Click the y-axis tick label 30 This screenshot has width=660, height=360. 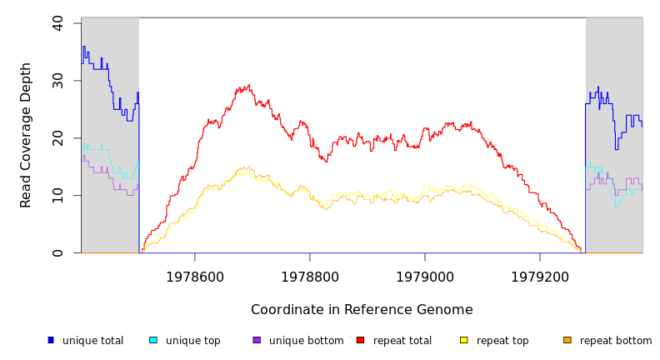[x=57, y=81]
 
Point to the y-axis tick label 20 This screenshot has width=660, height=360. [x=57, y=138]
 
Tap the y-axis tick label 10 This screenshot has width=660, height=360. [x=57, y=196]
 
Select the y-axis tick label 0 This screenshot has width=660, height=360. [x=57, y=252]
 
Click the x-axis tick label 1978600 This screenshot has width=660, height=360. [x=195, y=276]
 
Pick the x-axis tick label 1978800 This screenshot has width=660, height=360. [x=310, y=276]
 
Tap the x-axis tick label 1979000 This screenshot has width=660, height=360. [x=425, y=276]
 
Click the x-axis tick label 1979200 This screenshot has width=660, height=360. [x=540, y=276]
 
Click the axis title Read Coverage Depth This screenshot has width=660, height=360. [x=27, y=135]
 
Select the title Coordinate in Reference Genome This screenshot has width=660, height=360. [x=362, y=310]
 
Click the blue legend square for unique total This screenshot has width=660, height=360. [x=50, y=340]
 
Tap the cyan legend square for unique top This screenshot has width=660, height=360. [x=153, y=340]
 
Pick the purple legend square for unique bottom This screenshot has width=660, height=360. [x=257, y=340]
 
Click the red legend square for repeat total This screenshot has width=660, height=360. [x=360, y=340]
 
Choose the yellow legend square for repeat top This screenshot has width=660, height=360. [x=463, y=340]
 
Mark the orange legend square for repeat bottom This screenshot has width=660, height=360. [x=567, y=340]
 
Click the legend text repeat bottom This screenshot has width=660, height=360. [x=616, y=341]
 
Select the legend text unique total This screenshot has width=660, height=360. [x=92, y=341]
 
